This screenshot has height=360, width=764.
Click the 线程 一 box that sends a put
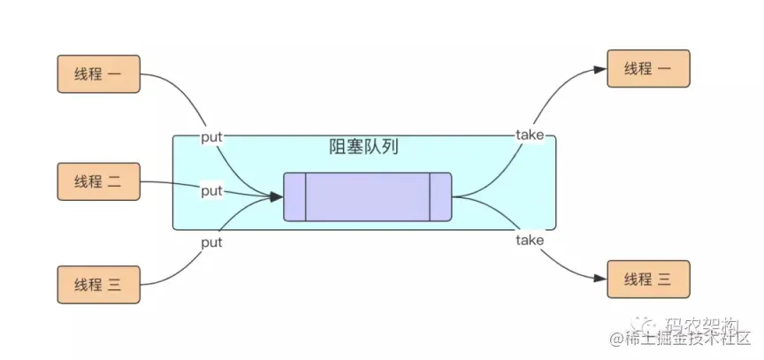[x=98, y=74]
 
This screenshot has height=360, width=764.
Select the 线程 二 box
[x=98, y=181]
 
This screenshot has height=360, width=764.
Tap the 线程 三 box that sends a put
[x=98, y=284]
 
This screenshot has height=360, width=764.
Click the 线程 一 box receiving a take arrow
[x=647, y=69]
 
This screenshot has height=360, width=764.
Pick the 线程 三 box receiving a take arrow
[x=647, y=279]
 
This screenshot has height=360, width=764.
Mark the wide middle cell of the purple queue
[x=367, y=196]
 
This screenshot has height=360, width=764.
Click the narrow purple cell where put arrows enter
[x=294, y=196]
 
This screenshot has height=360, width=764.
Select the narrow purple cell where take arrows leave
[x=440, y=196]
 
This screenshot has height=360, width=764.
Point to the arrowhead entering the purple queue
[x=276, y=195]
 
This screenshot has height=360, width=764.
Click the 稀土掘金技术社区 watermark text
[x=676, y=339]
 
